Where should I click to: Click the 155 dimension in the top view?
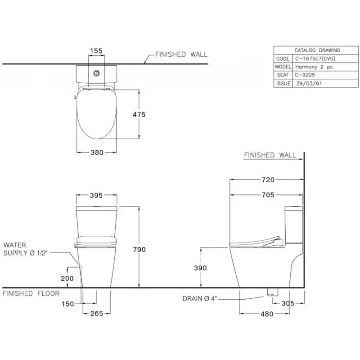[x=96, y=51]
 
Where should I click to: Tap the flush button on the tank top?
[x=96, y=73]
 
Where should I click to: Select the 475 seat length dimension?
[x=139, y=114]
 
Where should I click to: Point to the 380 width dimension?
[x=97, y=153]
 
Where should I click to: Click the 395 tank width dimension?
[x=96, y=195]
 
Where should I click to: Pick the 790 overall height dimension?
[x=139, y=249]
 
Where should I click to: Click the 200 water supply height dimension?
[x=67, y=278]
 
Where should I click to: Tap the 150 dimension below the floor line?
[x=68, y=304]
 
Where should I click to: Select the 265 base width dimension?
[x=97, y=313]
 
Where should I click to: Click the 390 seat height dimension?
[x=200, y=268]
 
